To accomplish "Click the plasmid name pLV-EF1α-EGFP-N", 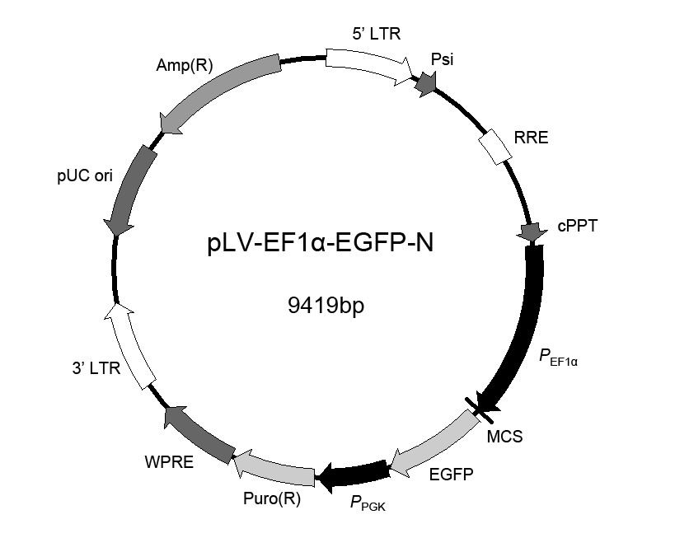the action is pyautogui.click(x=321, y=243).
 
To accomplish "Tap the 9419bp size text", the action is pyautogui.click(x=326, y=306).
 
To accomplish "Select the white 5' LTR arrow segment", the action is pyautogui.click(x=369, y=64).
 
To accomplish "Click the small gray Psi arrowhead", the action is pyautogui.click(x=426, y=83).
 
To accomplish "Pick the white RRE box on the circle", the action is pyautogui.click(x=495, y=147).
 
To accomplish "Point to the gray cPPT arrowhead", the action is pyautogui.click(x=532, y=232).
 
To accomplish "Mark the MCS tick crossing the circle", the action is pyautogui.click(x=479, y=409).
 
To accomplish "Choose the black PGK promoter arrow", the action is pyautogui.click(x=353, y=475).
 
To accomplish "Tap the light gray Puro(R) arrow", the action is pyautogui.click(x=274, y=468).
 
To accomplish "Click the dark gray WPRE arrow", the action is pyautogui.click(x=199, y=434).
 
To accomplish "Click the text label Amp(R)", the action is pyautogui.click(x=185, y=65).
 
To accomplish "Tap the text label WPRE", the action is pyautogui.click(x=169, y=462).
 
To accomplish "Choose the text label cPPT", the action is pyautogui.click(x=577, y=226).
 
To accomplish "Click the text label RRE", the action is pyautogui.click(x=532, y=138).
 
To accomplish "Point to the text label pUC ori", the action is pyautogui.click(x=85, y=175).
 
